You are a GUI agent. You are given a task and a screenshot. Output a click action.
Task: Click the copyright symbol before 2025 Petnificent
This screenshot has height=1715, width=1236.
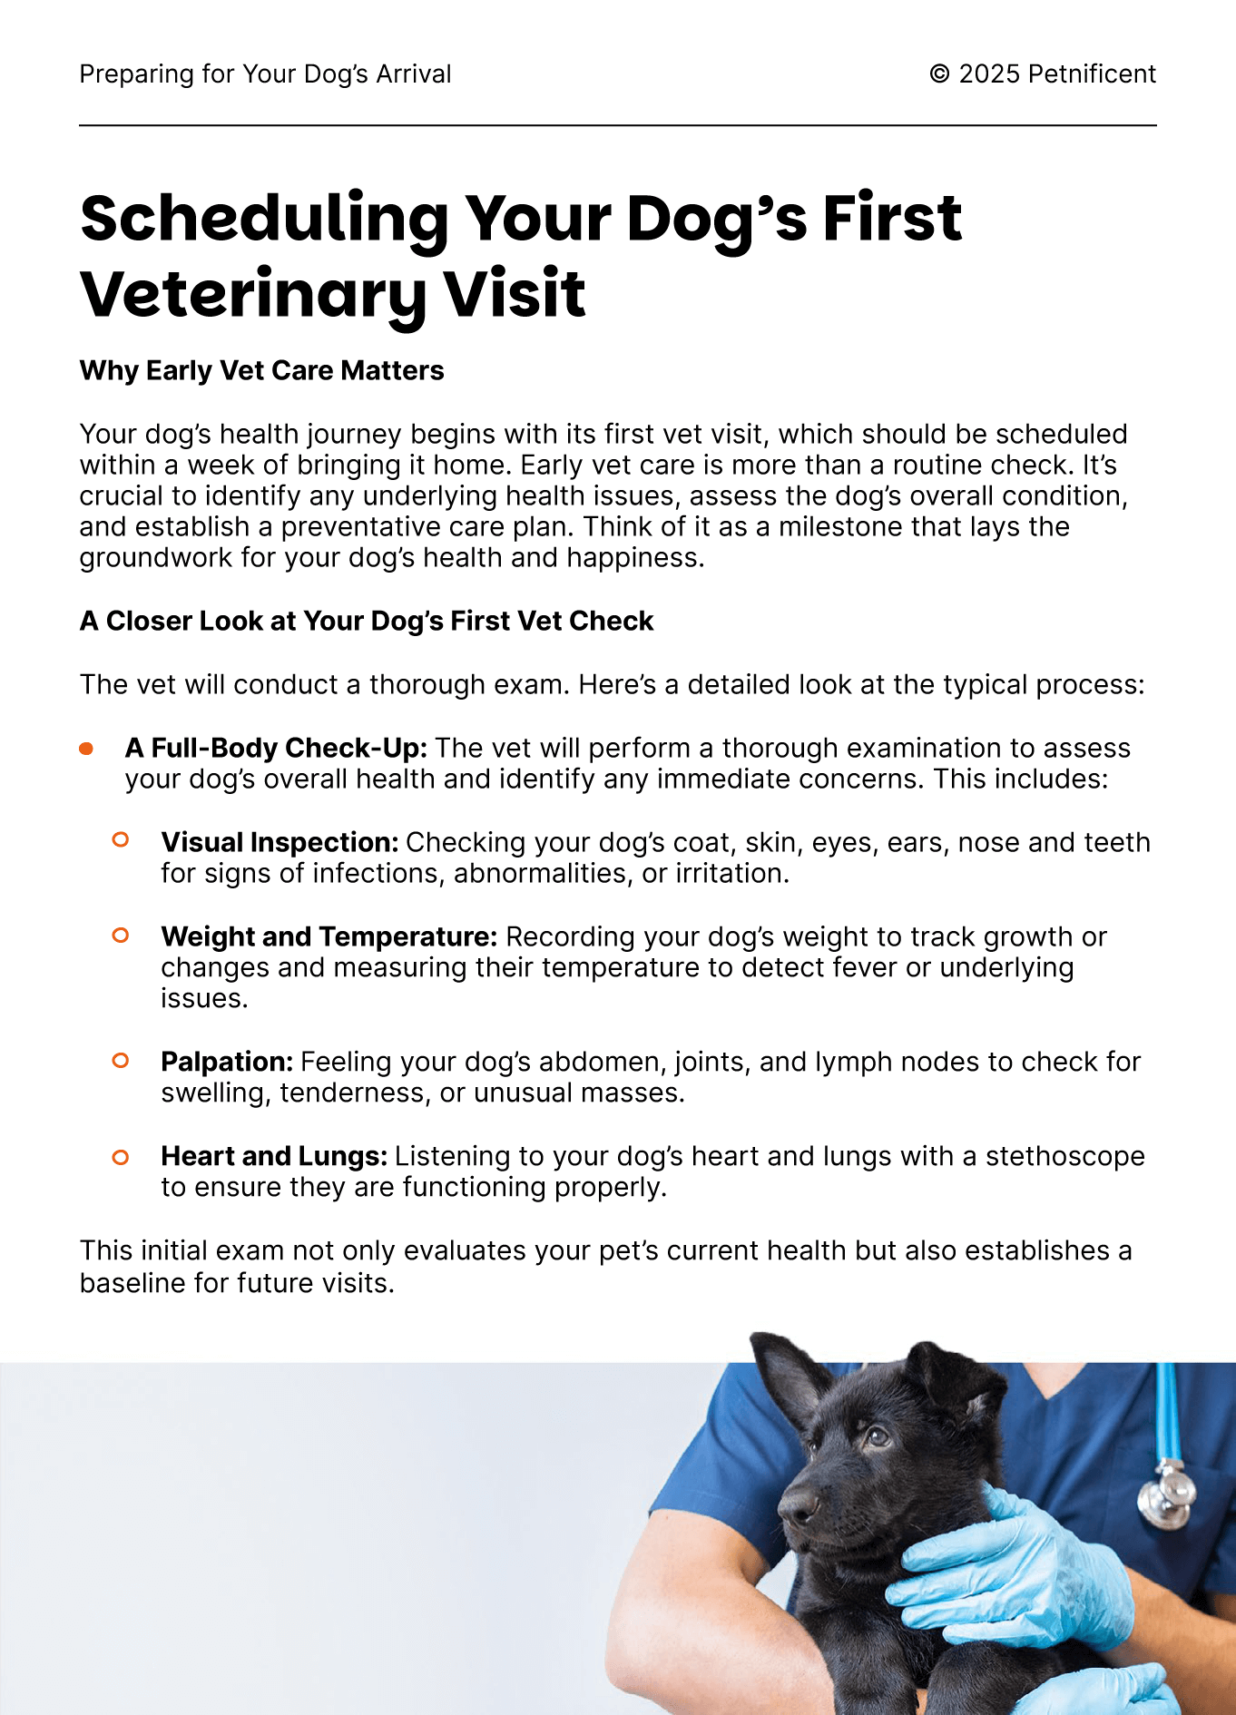(939, 73)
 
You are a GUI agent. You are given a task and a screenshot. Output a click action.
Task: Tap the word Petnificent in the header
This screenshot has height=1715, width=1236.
(1092, 73)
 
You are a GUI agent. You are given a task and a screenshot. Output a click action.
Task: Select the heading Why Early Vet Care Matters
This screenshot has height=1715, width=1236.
(261, 370)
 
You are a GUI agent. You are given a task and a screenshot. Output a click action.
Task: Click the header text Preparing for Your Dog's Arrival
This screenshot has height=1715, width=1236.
(265, 73)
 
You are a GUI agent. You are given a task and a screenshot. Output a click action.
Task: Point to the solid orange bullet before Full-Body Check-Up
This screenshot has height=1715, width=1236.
(86, 749)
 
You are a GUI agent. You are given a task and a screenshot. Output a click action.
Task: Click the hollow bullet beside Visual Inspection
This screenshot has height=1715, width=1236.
(120, 840)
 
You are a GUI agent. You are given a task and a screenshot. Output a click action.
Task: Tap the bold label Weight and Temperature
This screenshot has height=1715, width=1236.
(329, 936)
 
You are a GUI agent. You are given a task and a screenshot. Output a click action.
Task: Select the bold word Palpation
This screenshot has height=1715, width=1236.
(227, 1062)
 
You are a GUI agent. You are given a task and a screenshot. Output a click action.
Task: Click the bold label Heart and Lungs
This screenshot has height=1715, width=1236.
(274, 1156)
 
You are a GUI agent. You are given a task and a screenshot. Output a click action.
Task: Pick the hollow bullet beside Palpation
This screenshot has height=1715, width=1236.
(120, 1060)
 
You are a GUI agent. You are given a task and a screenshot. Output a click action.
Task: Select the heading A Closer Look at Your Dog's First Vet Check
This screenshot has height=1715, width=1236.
(367, 621)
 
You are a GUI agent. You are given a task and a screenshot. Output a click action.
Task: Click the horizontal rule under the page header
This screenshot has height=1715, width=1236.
(617, 125)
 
